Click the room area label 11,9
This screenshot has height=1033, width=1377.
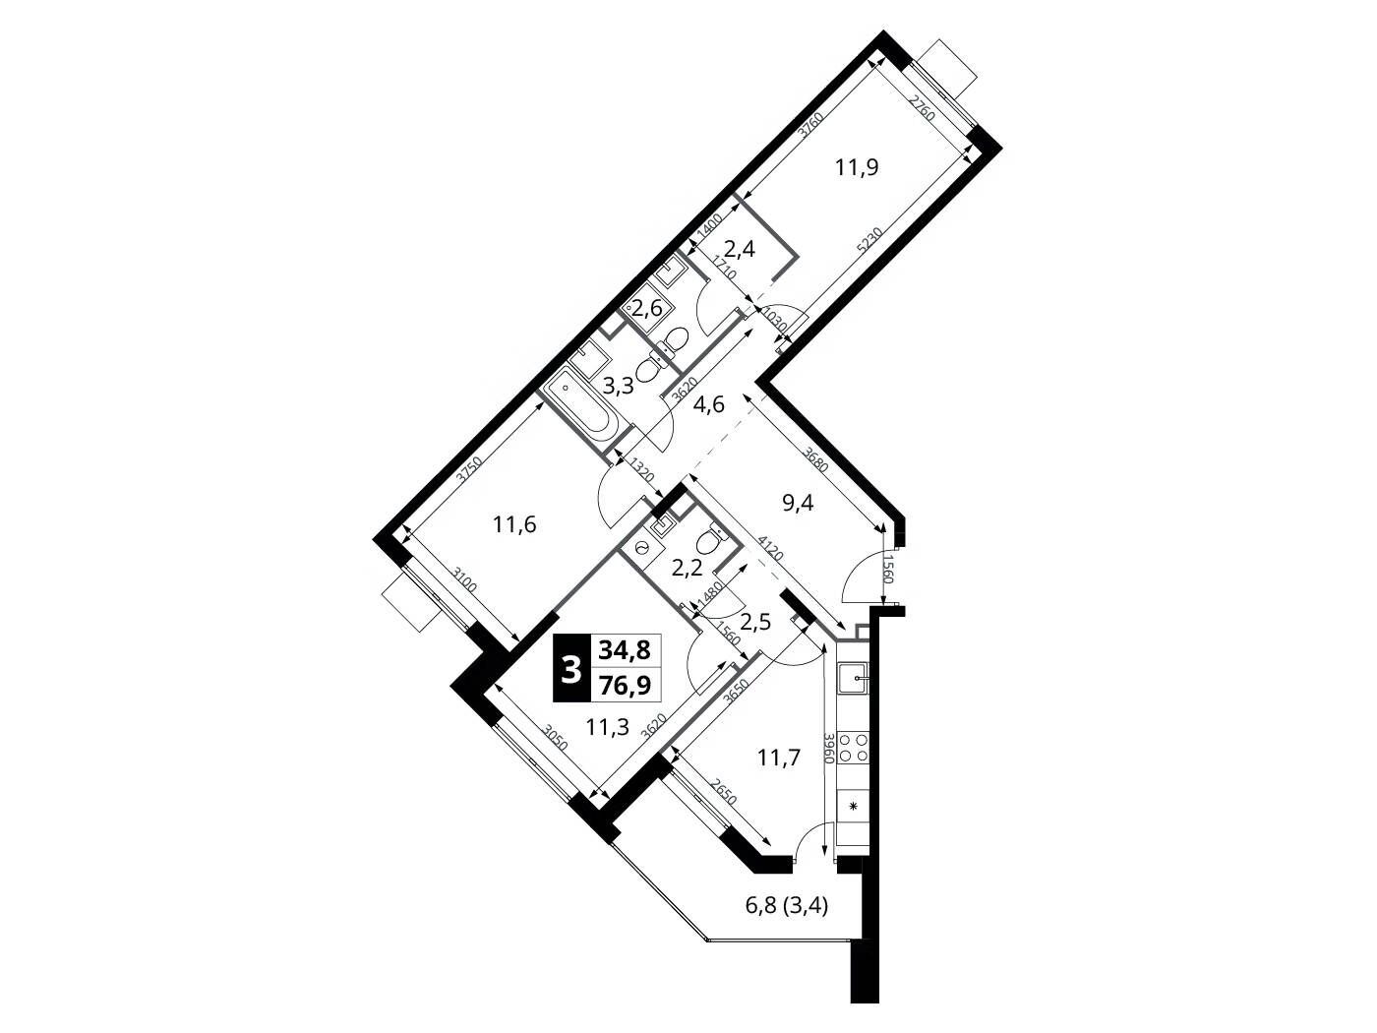[x=856, y=167]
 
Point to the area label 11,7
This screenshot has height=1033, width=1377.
[x=779, y=759]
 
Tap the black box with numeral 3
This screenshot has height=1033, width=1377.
[x=570, y=668]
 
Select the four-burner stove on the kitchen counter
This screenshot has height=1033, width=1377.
[x=854, y=748]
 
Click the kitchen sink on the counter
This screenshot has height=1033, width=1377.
[x=854, y=679]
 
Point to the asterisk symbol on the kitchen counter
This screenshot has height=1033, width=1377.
[x=853, y=807]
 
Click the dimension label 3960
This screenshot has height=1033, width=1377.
[x=828, y=748]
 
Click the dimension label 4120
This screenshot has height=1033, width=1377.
[x=770, y=549]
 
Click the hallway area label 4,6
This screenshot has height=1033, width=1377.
[x=708, y=404]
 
